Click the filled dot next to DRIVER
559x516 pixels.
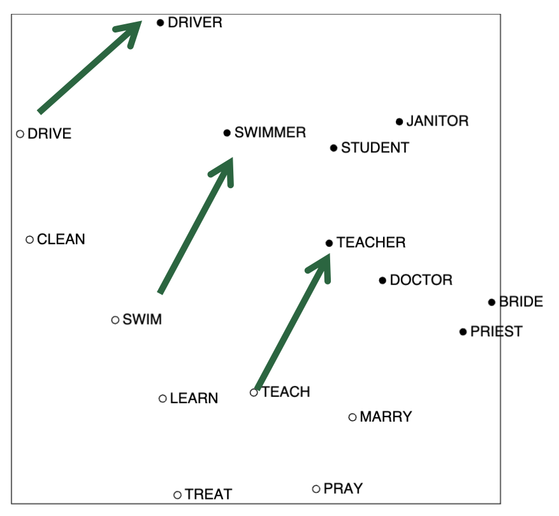[x=161, y=23]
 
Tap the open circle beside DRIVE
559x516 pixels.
[x=20, y=134]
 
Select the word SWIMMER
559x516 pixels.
[x=270, y=133]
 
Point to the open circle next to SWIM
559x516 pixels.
[x=115, y=320]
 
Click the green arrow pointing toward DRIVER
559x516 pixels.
[x=90, y=67]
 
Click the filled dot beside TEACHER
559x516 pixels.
[x=329, y=244]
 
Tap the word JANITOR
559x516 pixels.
[x=437, y=121]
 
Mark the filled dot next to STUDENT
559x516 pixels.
[x=334, y=148]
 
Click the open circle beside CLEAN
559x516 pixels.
[x=29, y=239]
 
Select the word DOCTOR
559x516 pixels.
[x=421, y=280]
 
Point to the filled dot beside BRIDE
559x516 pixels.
[x=491, y=302]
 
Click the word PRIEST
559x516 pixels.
[x=497, y=332]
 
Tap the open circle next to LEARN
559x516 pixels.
[x=163, y=399]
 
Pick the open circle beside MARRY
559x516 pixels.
[x=352, y=417]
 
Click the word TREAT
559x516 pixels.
[x=208, y=494]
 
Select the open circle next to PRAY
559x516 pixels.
[x=316, y=489]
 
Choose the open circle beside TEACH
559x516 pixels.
[x=254, y=392]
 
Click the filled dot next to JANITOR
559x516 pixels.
[x=399, y=122]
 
